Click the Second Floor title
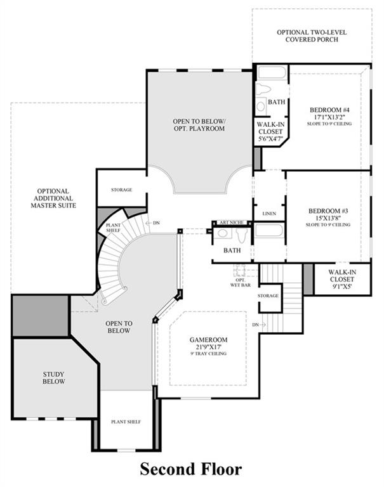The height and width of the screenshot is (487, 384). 190,469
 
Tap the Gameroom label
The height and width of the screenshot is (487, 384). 208,346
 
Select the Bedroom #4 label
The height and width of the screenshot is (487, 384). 329,116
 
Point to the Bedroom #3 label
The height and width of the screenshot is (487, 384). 328,218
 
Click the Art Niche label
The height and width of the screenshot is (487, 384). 231,223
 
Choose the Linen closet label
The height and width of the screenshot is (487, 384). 269,214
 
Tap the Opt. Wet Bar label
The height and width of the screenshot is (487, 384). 241,283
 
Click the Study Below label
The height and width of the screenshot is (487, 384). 54,378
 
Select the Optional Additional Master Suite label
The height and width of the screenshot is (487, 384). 53,198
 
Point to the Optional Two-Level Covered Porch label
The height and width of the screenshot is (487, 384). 312,36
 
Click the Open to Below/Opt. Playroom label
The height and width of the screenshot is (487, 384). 199,124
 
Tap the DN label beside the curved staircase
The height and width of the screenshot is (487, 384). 156,223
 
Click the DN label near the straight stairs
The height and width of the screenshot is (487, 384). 256,325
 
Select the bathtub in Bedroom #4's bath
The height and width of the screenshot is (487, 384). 272,73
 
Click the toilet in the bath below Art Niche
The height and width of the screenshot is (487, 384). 242,235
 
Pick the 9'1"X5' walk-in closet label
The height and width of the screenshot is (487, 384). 342,279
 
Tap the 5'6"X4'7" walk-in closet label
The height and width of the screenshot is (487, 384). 270,131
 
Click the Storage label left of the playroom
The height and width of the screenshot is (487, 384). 122,190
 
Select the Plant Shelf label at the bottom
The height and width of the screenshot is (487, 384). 126,422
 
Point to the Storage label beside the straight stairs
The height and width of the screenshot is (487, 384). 268,295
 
